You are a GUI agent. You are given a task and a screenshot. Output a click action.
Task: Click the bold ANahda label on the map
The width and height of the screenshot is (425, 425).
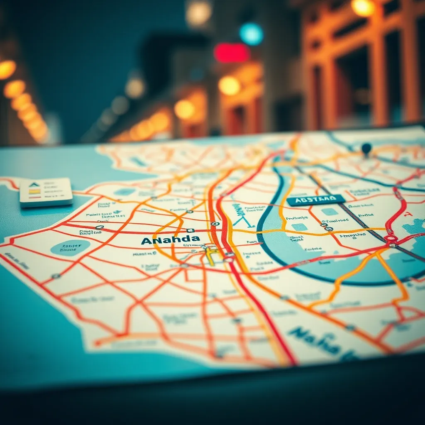[170, 240]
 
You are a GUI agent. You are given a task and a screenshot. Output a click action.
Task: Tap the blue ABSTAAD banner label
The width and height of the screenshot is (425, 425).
[316, 200]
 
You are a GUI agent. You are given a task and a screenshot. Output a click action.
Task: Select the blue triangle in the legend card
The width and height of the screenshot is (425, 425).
[34, 185]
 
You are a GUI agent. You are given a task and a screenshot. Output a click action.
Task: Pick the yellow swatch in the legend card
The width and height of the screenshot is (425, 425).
[34, 191]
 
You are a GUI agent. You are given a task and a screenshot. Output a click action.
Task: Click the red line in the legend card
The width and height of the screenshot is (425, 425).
[34, 197]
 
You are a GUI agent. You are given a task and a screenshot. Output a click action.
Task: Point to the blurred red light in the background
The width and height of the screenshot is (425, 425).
[231, 53]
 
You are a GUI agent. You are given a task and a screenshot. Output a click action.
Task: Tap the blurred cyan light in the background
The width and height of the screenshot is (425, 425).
[251, 34]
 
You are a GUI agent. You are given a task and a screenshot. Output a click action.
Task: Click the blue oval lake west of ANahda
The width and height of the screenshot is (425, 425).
[70, 247]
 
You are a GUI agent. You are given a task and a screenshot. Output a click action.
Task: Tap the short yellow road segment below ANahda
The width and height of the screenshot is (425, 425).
[210, 256]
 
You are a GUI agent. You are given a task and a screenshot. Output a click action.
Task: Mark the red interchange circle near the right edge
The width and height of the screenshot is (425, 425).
[391, 239]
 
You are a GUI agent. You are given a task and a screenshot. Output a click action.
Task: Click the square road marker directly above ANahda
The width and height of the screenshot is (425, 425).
[190, 230]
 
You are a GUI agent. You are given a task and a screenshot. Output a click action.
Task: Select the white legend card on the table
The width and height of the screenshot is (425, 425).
[46, 192]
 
